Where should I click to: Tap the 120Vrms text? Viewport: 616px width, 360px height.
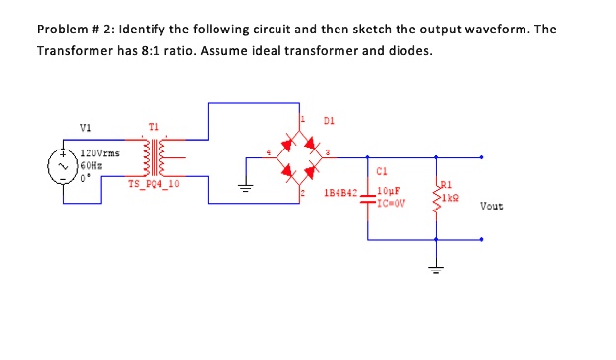coord(99,153)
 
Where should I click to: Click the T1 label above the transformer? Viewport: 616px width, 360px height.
coord(153,127)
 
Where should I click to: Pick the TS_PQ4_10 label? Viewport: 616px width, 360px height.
coord(154,184)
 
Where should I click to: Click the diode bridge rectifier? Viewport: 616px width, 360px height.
coord(300,157)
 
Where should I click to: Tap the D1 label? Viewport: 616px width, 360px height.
coord(329,122)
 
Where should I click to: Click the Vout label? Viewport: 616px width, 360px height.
coord(493,206)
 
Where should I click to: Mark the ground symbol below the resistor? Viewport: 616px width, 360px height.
coord(436,268)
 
